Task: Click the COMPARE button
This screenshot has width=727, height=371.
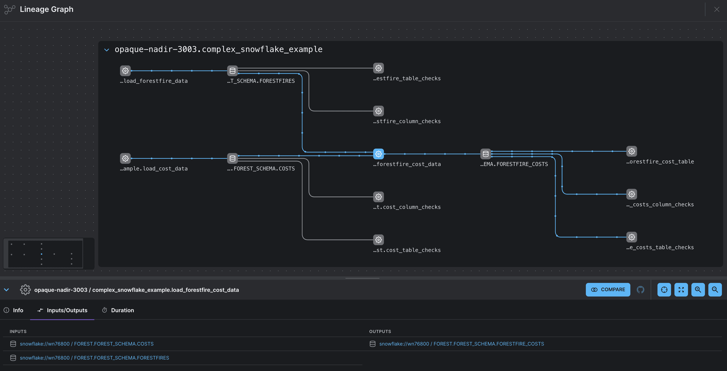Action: (x=608, y=290)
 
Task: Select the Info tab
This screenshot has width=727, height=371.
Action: (x=14, y=310)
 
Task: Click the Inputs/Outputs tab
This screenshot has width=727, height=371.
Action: (x=62, y=310)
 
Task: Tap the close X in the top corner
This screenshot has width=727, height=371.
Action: (x=717, y=9)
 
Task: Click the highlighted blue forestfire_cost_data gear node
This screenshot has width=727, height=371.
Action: (x=379, y=154)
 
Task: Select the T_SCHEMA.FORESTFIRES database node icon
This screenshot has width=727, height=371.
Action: (x=233, y=71)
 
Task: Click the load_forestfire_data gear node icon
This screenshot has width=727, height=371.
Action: (x=125, y=71)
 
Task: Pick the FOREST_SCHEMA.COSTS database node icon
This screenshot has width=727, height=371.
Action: (x=233, y=158)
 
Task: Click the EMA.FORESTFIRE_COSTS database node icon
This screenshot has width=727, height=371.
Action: (x=485, y=154)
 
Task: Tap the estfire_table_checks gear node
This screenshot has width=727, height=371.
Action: (x=379, y=68)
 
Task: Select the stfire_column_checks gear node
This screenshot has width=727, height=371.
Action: (x=379, y=111)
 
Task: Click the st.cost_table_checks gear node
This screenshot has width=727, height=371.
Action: (x=379, y=240)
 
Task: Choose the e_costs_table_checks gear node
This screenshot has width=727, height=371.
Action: (x=632, y=237)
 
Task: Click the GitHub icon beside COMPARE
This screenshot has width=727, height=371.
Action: (x=640, y=290)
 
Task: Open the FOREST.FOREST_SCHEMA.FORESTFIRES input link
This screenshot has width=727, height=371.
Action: (x=94, y=358)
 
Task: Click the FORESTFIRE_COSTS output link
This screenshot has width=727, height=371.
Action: (x=461, y=344)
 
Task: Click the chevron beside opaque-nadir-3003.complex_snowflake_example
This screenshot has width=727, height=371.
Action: (x=107, y=50)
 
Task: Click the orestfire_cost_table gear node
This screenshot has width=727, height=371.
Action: (x=632, y=151)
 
